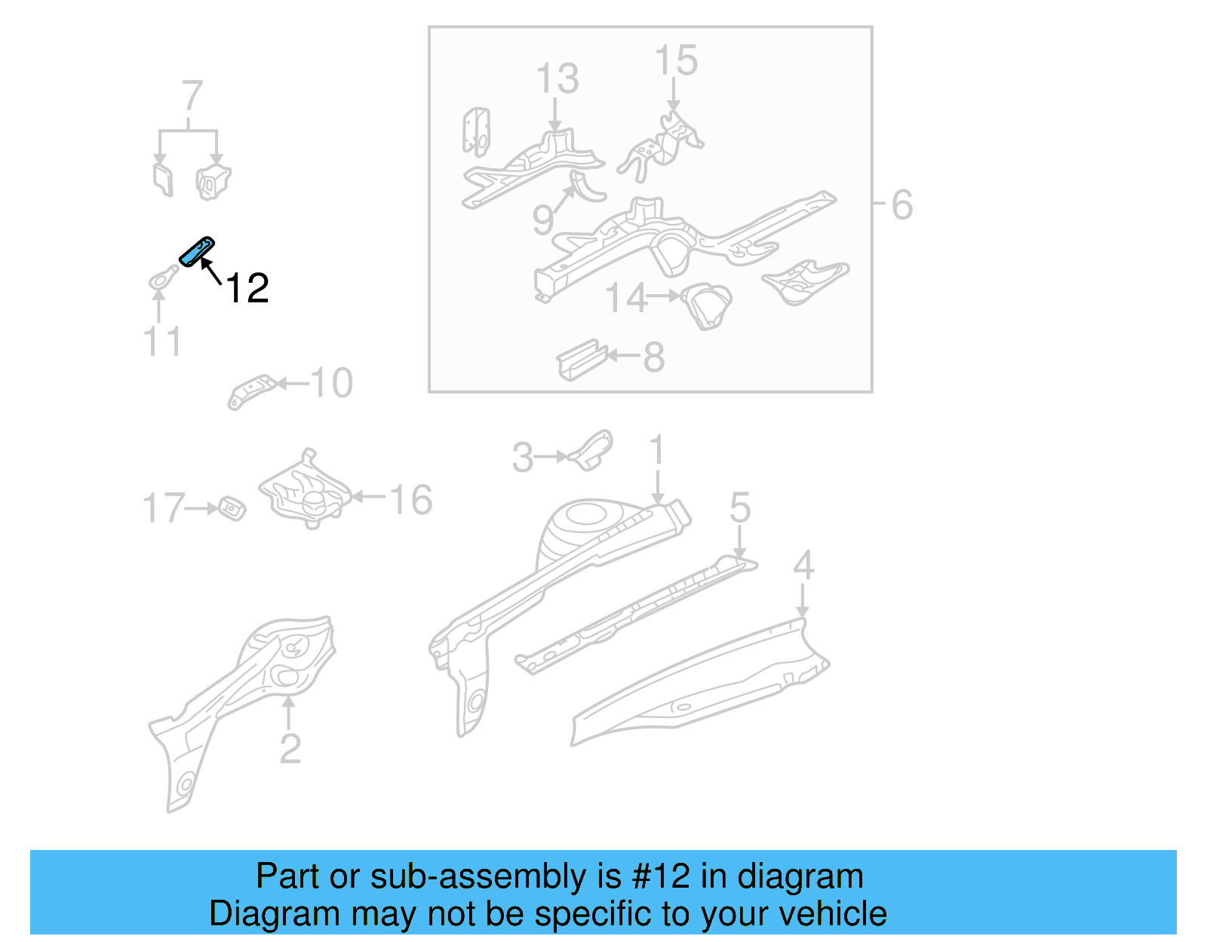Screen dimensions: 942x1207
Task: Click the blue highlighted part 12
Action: click(197, 251)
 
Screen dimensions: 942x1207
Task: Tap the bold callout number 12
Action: click(247, 288)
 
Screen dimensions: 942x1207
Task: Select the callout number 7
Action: click(192, 97)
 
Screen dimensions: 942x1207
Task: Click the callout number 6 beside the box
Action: click(901, 204)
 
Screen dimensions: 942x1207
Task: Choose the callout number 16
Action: click(411, 499)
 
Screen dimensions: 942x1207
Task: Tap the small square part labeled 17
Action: click(232, 508)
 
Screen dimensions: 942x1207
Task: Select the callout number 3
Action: click(522, 458)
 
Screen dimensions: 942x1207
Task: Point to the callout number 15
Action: click(676, 60)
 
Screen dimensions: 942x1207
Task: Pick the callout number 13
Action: click(557, 78)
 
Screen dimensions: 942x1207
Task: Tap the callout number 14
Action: click(626, 298)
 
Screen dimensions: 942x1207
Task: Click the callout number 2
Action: click(290, 748)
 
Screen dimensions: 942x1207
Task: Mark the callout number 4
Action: click(803, 565)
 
